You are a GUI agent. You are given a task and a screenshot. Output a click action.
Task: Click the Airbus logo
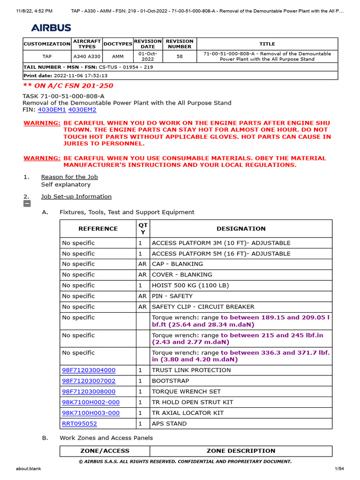tap(52, 28)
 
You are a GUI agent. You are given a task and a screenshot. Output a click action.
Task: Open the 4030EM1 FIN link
tap(52, 110)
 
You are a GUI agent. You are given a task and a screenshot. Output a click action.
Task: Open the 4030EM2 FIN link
tap(82, 110)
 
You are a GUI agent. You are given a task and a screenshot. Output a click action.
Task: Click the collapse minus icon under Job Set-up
tap(27, 204)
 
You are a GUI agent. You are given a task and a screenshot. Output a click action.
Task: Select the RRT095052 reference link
tap(79, 423)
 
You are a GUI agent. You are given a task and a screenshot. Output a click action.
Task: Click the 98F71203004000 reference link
tap(89, 370)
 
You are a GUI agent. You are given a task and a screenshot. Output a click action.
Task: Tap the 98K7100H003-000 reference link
tap(90, 412)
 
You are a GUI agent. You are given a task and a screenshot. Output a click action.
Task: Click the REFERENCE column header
tap(98, 229)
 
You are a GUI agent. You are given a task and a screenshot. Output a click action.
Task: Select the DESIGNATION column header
tap(241, 229)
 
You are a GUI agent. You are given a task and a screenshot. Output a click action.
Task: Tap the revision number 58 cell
tap(180, 56)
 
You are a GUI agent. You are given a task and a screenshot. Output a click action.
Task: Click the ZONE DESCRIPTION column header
tap(241, 450)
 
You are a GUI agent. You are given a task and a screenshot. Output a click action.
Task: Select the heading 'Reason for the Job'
tap(69, 177)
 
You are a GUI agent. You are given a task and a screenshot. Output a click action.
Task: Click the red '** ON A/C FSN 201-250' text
tap(68, 86)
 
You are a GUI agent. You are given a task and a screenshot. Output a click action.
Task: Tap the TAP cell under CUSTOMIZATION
tap(47, 56)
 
